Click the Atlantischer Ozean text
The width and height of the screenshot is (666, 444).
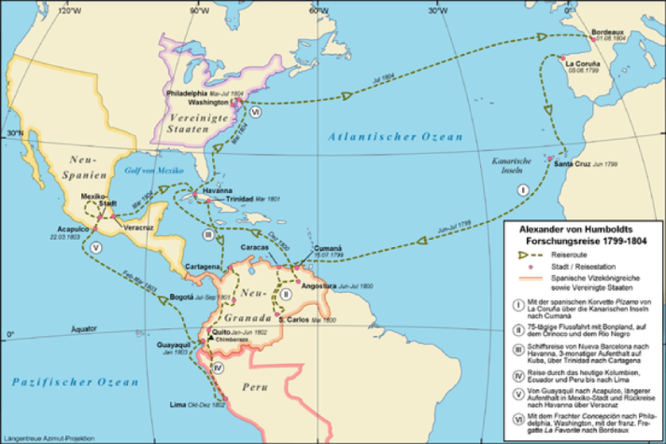394,138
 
